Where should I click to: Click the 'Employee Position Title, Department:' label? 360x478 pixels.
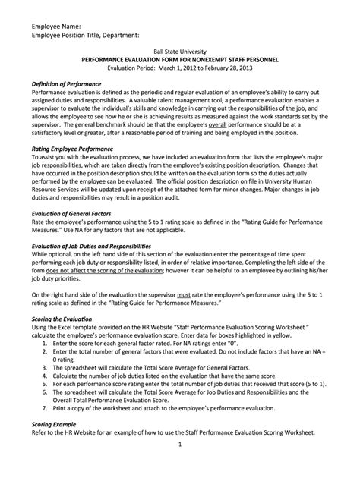coord(85,35)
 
